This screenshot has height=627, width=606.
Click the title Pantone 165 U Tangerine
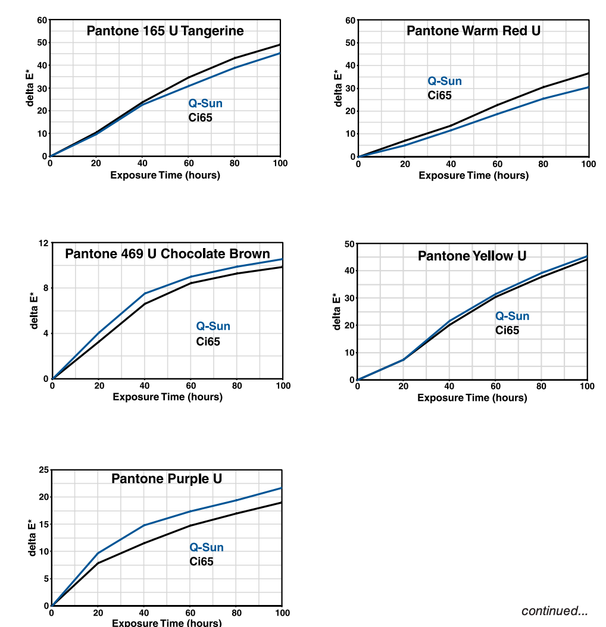165,31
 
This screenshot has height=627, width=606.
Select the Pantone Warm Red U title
473,31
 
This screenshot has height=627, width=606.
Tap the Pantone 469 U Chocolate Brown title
167,254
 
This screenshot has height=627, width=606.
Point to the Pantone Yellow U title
472,256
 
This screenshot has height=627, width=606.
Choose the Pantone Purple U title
167,479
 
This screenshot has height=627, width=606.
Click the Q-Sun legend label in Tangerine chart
205,104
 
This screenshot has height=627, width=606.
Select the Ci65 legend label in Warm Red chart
439,95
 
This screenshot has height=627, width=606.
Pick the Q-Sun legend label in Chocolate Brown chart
213,326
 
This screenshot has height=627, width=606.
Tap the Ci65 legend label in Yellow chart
507,330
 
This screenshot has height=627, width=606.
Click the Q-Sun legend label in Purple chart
207,547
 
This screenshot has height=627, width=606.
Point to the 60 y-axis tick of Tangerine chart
42,20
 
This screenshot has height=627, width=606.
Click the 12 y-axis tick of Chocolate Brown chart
43,243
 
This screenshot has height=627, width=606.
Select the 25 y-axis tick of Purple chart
43,470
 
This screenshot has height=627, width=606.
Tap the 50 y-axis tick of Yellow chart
349,244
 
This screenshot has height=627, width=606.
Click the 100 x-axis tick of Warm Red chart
588,164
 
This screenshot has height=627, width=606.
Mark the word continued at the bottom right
554,611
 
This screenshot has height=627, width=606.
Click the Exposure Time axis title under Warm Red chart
473,175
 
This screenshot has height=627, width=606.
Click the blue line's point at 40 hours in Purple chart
143,525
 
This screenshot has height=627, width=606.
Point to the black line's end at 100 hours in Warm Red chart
589,73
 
